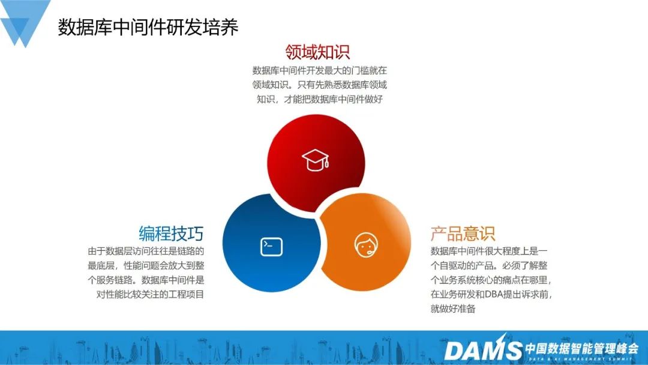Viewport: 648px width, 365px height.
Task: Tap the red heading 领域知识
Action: coord(317,52)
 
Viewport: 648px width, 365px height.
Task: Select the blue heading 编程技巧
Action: coord(171,233)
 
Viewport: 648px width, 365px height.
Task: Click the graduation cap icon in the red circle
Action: coord(316,160)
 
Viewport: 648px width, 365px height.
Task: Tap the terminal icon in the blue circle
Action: coord(271,247)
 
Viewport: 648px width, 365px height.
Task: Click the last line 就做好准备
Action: coord(453,309)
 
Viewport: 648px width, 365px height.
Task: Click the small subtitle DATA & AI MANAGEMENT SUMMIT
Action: coord(581,358)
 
